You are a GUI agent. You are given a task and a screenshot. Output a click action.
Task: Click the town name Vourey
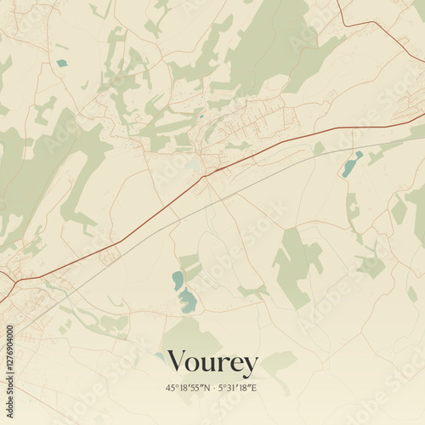pyautogui.click(x=212, y=363)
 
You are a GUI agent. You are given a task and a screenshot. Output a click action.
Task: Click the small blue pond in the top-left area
pyautogui.click(x=61, y=63)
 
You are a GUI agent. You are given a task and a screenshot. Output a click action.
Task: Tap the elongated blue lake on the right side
pyautogui.click(x=351, y=164)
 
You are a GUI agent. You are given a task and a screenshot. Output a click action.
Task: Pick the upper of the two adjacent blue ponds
pyautogui.click(x=177, y=280)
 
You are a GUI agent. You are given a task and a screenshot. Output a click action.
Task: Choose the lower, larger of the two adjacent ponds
pyautogui.click(x=188, y=300)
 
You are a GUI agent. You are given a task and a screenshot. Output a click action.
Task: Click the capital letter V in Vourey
pyautogui.click(x=177, y=362)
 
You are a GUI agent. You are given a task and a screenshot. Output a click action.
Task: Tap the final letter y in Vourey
pyautogui.click(x=249, y=366)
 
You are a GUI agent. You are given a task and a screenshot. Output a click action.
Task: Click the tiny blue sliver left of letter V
pyautogui.click(x=160, y=356)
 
